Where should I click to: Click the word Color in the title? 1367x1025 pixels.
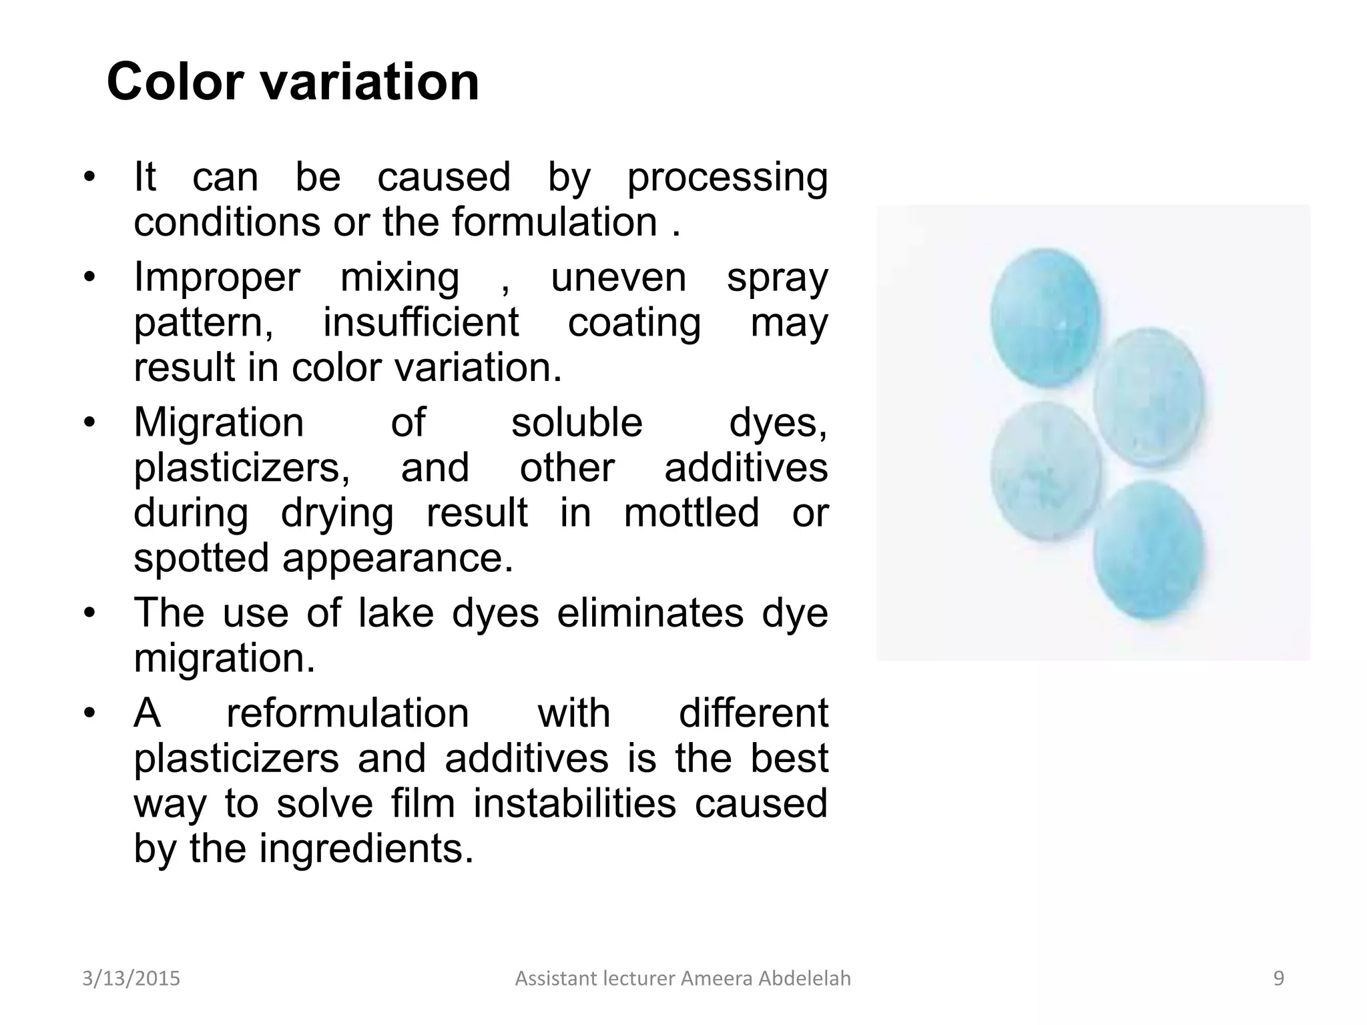[175, 81]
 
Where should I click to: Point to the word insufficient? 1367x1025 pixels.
[421, 322]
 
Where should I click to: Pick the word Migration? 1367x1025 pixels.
[219, 423]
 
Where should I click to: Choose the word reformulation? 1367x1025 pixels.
[348, 713]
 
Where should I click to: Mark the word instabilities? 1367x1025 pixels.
[575, 803]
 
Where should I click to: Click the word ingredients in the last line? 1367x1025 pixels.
[366, 849]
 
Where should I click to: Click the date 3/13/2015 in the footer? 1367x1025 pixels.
[131, 978]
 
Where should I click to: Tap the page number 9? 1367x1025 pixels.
[1278, 978]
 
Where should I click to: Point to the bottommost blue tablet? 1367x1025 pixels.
[1148, 550]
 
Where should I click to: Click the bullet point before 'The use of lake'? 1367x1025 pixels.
[89, 613]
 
